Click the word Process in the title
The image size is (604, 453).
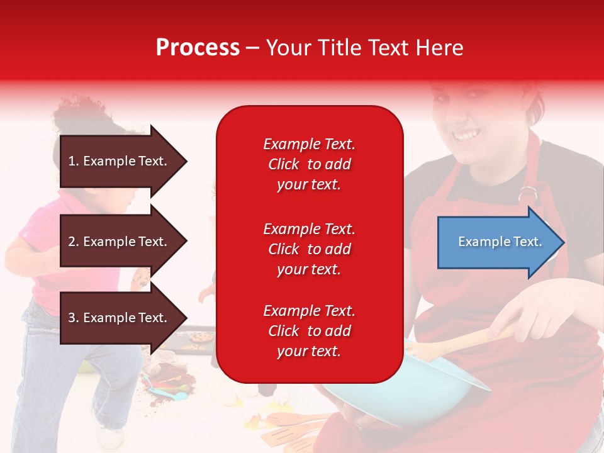point(198,48)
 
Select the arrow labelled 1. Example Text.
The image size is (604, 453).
point(124,161)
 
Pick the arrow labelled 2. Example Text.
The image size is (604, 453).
point(124,241)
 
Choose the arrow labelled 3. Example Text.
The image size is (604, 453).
point(124,317)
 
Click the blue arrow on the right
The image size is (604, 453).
point(501,242)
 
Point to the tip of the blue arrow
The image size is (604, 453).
point(565,242)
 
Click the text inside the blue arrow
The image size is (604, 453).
point(500,242)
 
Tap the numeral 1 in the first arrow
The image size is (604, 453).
point(71,161)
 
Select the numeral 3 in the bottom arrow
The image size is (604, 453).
point(71,317)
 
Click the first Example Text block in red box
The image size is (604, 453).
point(310,164)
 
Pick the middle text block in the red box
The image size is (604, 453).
point(310,249)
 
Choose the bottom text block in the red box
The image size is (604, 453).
point(310,331)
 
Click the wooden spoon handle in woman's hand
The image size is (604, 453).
point(462,343)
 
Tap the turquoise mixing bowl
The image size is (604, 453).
point(405,389)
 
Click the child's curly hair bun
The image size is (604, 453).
point(81,112)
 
